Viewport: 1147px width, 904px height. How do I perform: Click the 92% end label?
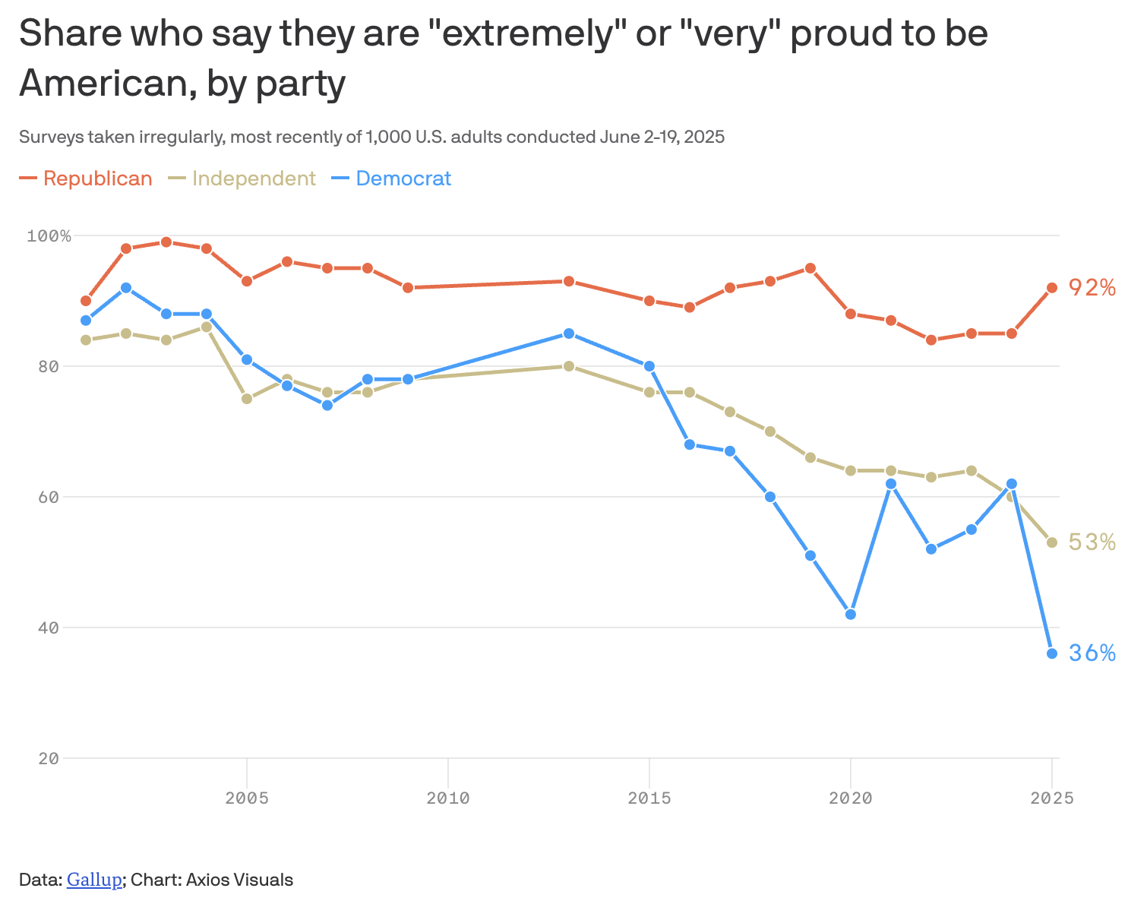(1092, 288)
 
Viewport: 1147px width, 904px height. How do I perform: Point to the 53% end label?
(1092, 542)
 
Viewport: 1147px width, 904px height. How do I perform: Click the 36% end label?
(1092, 653)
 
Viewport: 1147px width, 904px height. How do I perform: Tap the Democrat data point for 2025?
(1052, 653)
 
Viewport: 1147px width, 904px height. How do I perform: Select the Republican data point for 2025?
(1052, 288)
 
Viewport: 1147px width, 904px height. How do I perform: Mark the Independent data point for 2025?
(1052, 542)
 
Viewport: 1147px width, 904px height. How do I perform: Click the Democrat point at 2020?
(851, 614)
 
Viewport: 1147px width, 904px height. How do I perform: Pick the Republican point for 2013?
(569, 281)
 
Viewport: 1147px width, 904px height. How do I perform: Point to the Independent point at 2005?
(247, 399)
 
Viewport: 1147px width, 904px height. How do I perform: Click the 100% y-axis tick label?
(49, 236)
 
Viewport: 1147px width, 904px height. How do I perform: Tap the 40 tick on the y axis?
(49, 627)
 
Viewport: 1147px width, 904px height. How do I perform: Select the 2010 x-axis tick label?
(448, 798)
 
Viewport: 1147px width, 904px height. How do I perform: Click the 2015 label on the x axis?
(649, 798)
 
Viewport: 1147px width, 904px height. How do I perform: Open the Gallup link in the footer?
(94, 880)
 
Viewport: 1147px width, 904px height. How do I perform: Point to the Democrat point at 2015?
(649, 366)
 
